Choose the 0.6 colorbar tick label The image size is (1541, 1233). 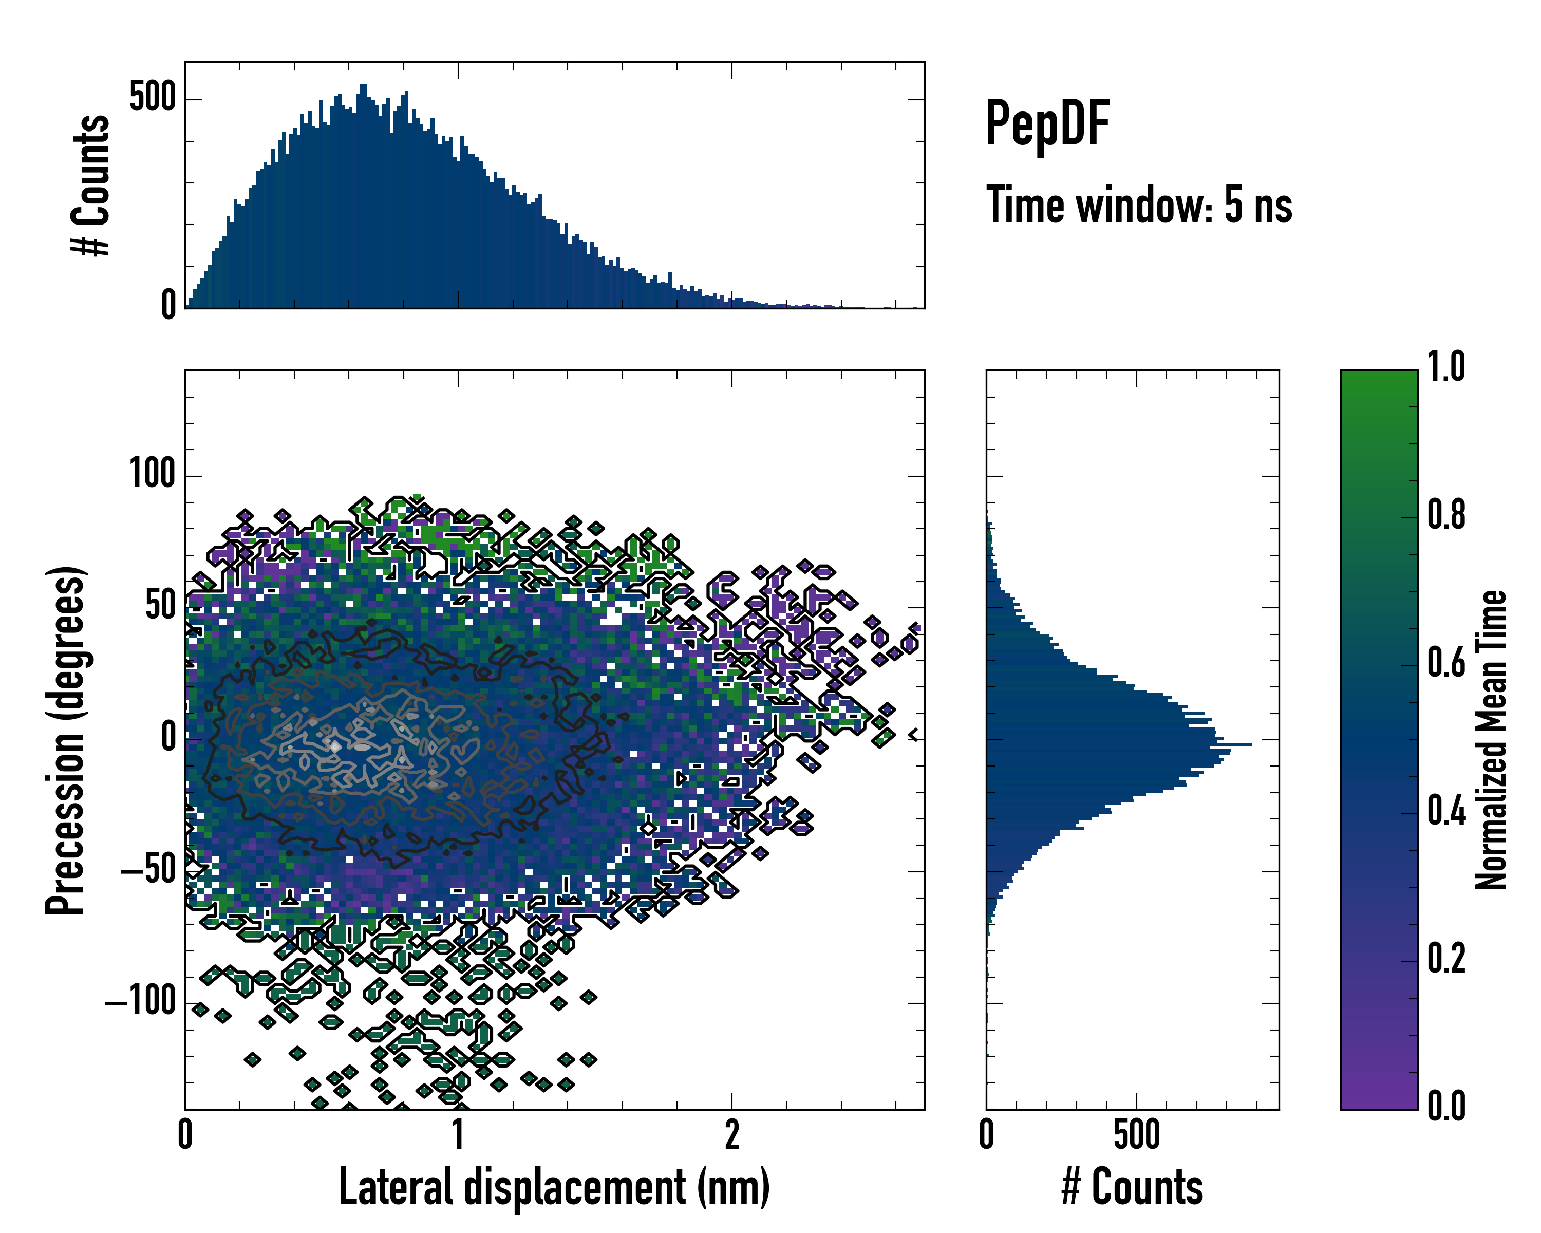pos(1446,663)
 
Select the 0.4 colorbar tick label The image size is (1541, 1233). pos(1446,811)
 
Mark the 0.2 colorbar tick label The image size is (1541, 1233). pos(1446,959)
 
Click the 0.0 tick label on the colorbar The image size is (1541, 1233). pos(1446,1107)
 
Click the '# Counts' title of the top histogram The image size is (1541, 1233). pos(91,184)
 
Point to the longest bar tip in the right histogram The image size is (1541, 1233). pos(1251,745)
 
